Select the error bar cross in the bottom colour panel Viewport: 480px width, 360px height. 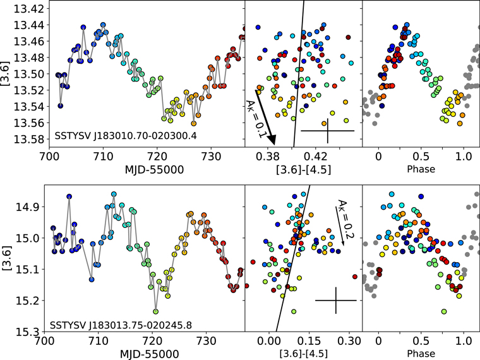[x=336, y=301]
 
